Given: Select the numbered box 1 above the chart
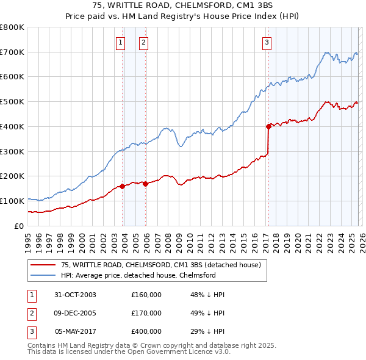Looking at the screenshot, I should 120,42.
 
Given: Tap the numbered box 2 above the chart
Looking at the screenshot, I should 143,42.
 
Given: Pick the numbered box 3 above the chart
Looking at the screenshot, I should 267,42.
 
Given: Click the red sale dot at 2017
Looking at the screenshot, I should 268,126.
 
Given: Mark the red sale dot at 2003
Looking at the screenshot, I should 123,186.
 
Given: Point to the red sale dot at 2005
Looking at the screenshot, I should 146,184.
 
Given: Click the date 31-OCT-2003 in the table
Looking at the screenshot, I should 75,295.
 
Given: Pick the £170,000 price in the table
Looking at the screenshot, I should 146,313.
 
